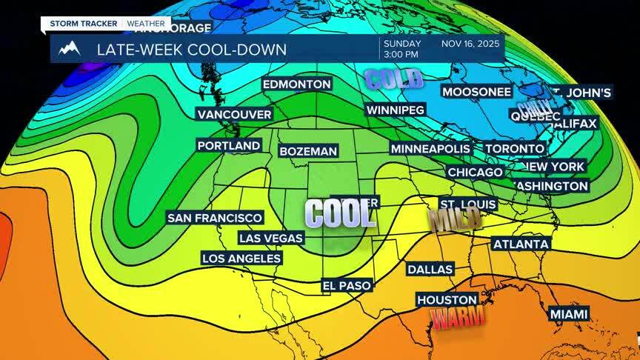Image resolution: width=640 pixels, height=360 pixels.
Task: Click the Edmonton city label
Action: click(296, 84)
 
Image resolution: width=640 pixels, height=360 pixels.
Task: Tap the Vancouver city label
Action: click(234, 114)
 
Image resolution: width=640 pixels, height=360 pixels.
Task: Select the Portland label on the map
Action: click(229, 146)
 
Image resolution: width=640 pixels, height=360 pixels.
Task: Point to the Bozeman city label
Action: click(308, 151)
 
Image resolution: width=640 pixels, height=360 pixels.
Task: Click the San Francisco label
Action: click(215, 218)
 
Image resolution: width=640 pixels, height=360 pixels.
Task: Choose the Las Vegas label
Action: click(271, 238)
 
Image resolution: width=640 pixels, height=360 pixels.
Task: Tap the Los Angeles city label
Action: click(241, 258)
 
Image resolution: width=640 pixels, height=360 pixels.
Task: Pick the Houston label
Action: click(447, 300)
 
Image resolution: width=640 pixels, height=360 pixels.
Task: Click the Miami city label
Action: click(569, 314)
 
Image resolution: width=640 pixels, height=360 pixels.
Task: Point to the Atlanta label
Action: click(521, 244)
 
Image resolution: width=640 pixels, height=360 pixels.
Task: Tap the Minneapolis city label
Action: click(431, 149)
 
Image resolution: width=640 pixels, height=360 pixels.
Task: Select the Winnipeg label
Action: click(396, 110)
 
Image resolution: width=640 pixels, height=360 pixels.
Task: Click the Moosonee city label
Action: click(476, 92)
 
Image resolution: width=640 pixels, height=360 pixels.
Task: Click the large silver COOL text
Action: click(339, 213)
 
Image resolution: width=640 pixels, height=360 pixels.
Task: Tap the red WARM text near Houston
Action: click(459, 319)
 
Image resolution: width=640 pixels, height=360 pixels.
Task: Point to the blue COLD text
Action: click(393, 78)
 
